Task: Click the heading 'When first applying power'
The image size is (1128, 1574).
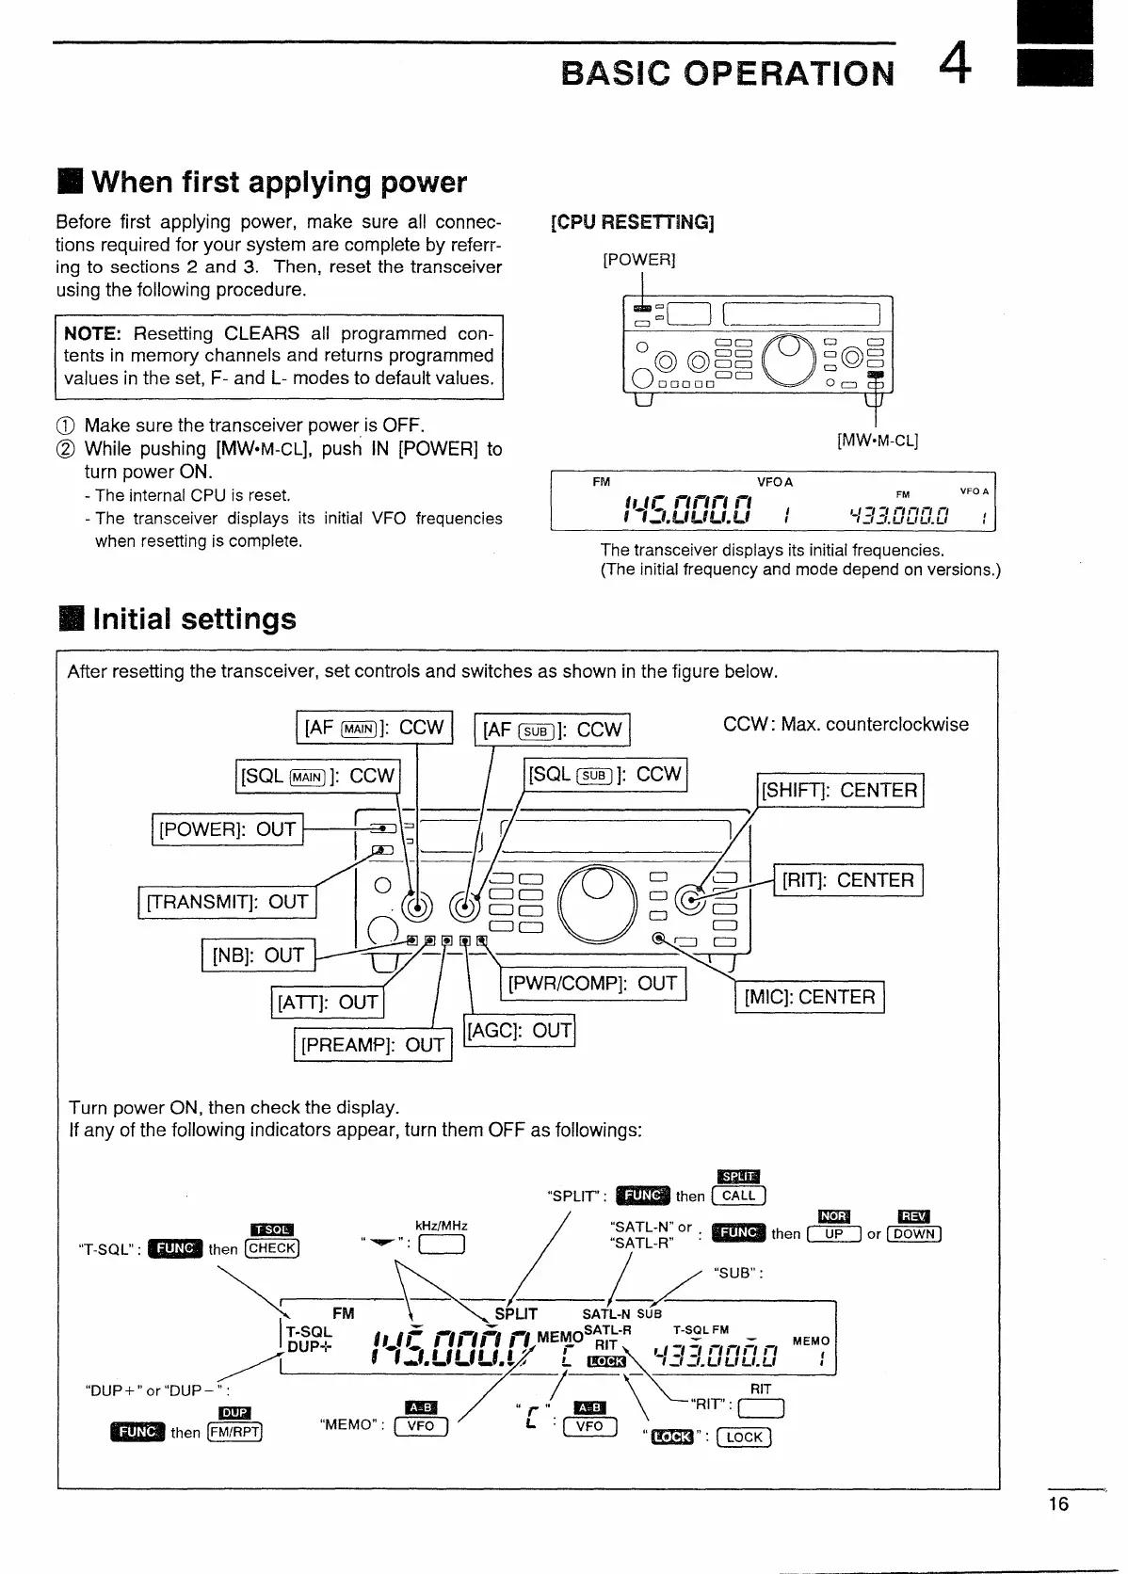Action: [x=278, y=182]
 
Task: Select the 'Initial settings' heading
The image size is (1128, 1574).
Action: [x=193, y=618]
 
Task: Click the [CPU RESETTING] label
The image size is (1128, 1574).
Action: [x=632, y=222]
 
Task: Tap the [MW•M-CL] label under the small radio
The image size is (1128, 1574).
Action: [x=878, y=440]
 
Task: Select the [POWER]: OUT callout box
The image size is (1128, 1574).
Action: [x=227, y=829]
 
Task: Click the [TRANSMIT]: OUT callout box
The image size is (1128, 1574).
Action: [x=227, y=902]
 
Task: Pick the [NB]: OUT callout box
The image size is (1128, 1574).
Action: [x=258, y=956]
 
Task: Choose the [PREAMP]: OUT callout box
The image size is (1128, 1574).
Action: [x=372, y=1045]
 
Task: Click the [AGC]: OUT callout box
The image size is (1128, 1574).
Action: [x=520, y=1030]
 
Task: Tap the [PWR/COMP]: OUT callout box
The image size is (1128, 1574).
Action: [x=592, y=984]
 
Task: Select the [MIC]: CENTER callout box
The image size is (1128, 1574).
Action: [x=809, y=997]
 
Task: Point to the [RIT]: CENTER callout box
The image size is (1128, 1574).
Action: [x=847, y=880]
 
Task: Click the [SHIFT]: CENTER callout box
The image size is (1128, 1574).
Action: [x=841, y=790]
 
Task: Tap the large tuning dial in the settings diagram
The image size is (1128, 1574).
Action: [x=598, y=899]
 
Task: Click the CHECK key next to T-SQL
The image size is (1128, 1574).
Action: [x=271, y=1248]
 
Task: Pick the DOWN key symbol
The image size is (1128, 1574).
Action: [x=914, y=1234]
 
